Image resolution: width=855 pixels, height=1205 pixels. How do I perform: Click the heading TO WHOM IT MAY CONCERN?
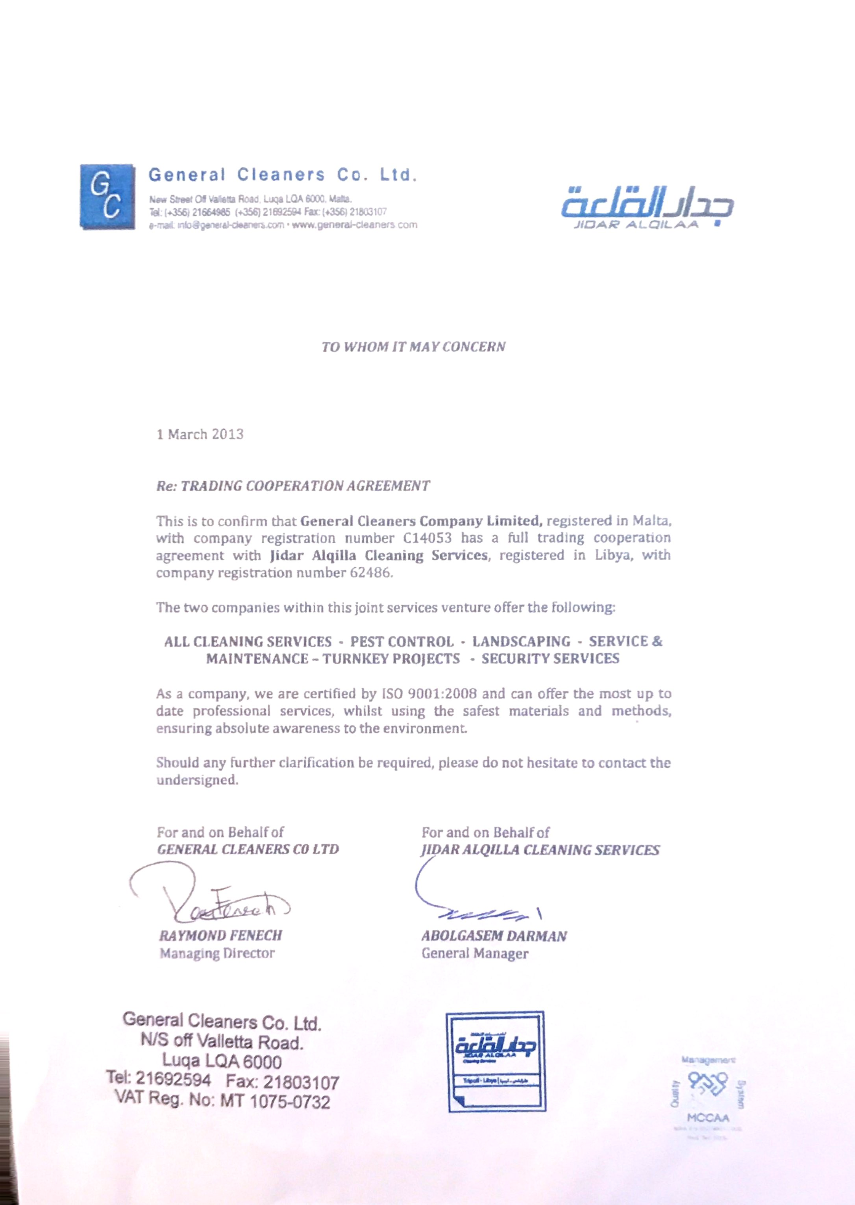tap(413, 347)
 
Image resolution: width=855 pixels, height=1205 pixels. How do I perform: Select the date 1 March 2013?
tap(200, 434)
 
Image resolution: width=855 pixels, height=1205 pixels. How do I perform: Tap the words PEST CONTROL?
tap(402, 642)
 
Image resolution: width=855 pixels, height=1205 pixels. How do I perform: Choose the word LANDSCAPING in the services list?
tap(521, 642)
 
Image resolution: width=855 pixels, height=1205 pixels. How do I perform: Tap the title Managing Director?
tap(217, 954)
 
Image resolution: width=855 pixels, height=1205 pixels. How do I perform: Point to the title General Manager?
tap(475, 954)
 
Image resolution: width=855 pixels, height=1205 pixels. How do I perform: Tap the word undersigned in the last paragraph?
tap(197, 780)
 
